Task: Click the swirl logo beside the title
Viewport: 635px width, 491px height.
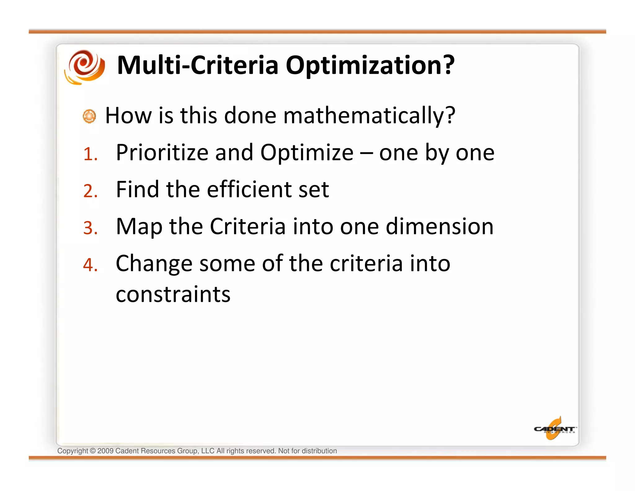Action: (84, 67)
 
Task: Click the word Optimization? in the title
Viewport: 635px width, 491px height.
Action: (370, 65)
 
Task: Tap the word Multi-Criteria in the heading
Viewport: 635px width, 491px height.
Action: (198, 65)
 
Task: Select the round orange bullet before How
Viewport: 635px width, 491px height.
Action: (90, 116)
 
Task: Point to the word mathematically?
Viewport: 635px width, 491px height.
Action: (369, 116)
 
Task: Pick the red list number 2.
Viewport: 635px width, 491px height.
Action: (90, 191)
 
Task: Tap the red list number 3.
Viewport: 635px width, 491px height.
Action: (90, 228)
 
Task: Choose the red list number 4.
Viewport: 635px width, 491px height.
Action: (90, 265)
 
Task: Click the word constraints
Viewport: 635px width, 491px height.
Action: (173, 295)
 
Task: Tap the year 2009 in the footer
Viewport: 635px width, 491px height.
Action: (105, 451)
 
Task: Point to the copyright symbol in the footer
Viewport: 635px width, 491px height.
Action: (92, 451)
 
